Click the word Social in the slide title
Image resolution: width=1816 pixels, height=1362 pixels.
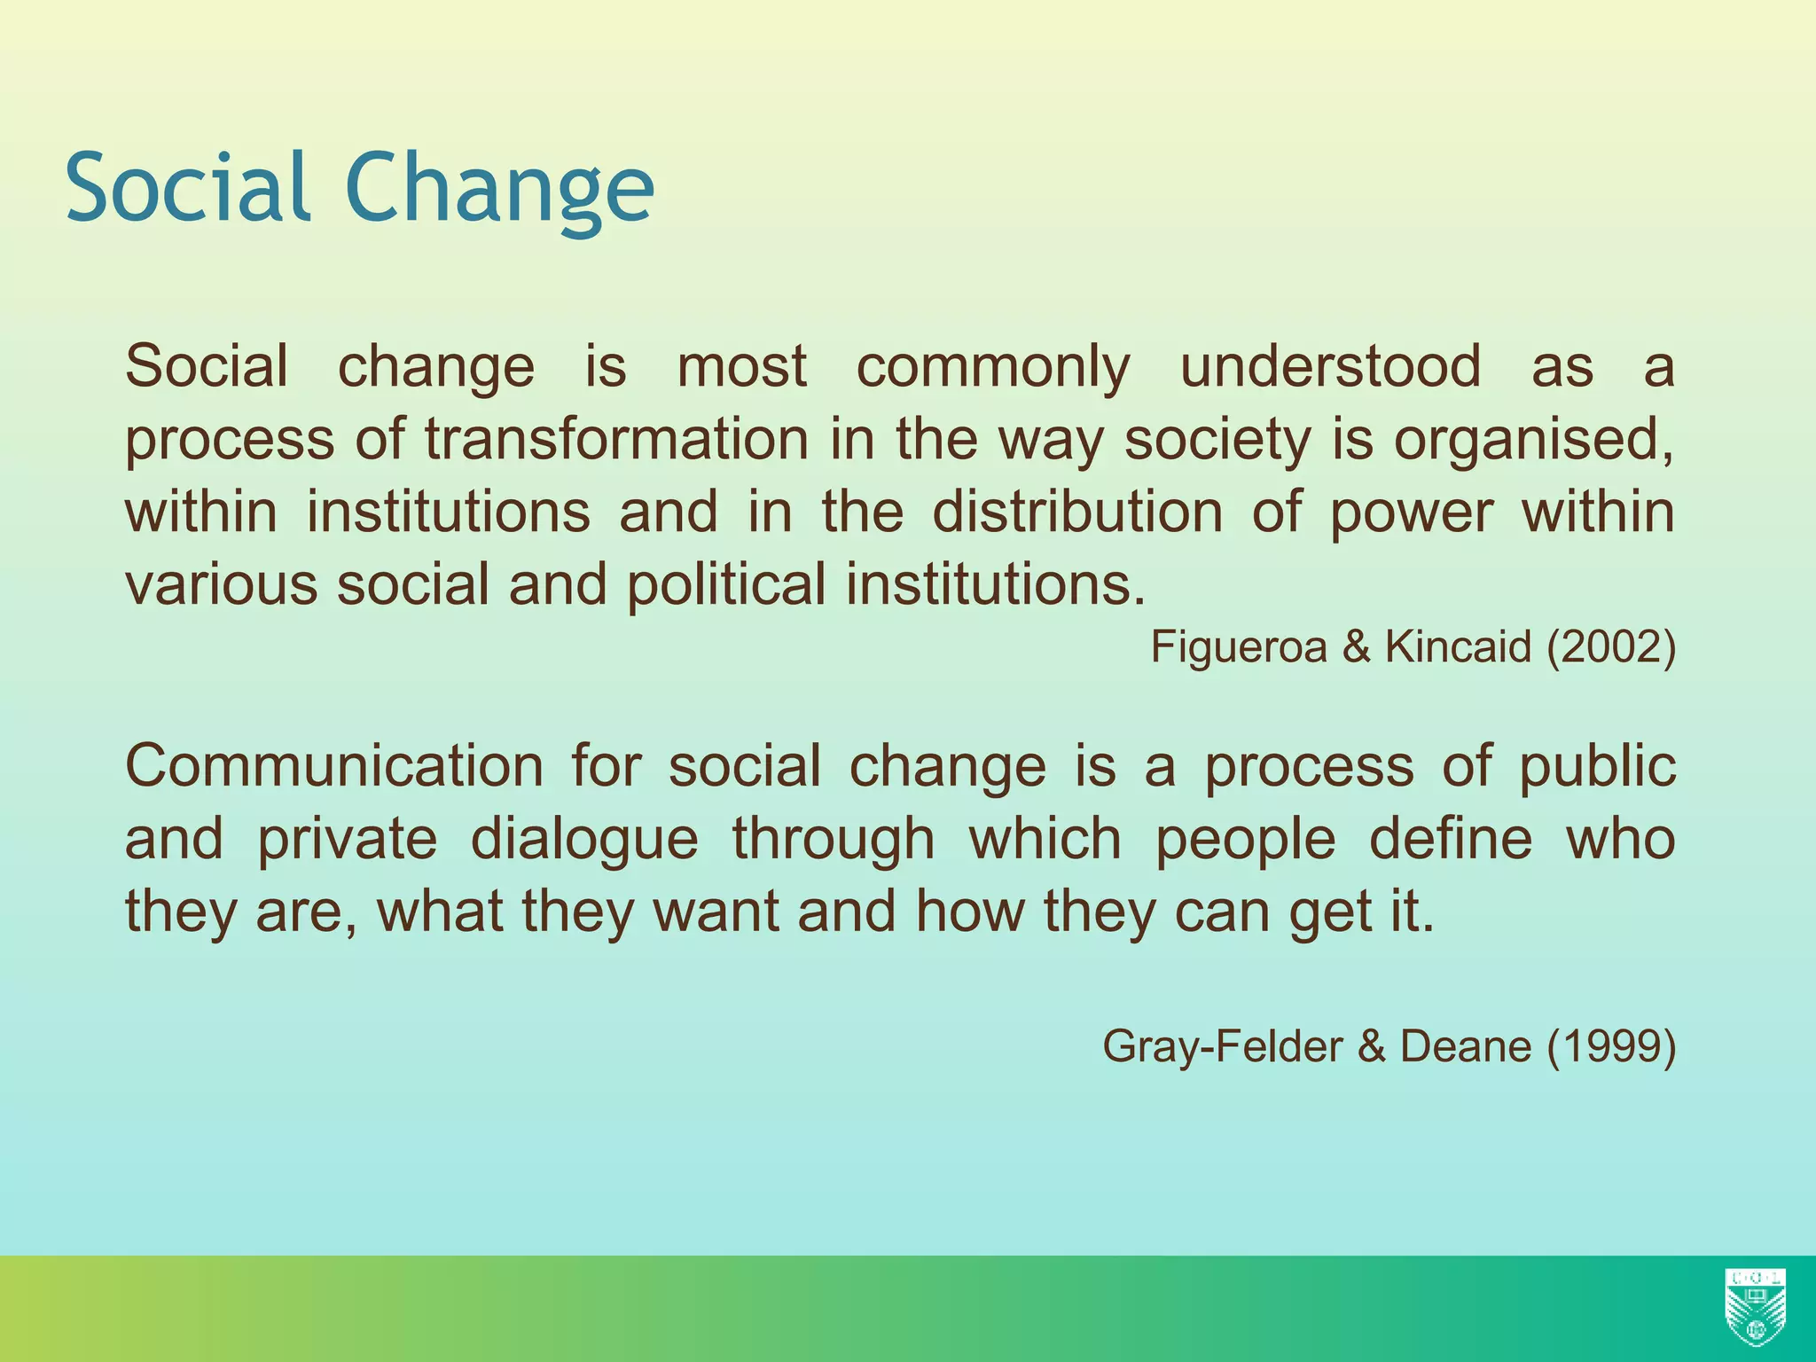187,187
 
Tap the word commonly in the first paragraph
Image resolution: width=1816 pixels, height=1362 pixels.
993,366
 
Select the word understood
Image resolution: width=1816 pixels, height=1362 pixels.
1330,366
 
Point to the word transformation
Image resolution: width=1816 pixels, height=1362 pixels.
616,439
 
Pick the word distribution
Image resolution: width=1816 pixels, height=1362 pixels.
1076,512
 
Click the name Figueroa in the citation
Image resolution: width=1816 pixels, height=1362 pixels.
1238,647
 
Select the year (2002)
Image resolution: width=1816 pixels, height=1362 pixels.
1611,647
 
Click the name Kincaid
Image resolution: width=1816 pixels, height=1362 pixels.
1458,647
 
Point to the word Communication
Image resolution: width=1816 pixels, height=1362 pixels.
333,765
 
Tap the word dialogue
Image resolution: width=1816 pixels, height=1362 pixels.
583,840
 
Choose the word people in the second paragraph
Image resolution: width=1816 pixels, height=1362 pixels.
1245,840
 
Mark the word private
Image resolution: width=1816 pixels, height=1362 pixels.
347,840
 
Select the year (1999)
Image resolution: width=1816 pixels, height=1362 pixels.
1611,1047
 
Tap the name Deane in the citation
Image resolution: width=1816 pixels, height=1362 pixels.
1465,1047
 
